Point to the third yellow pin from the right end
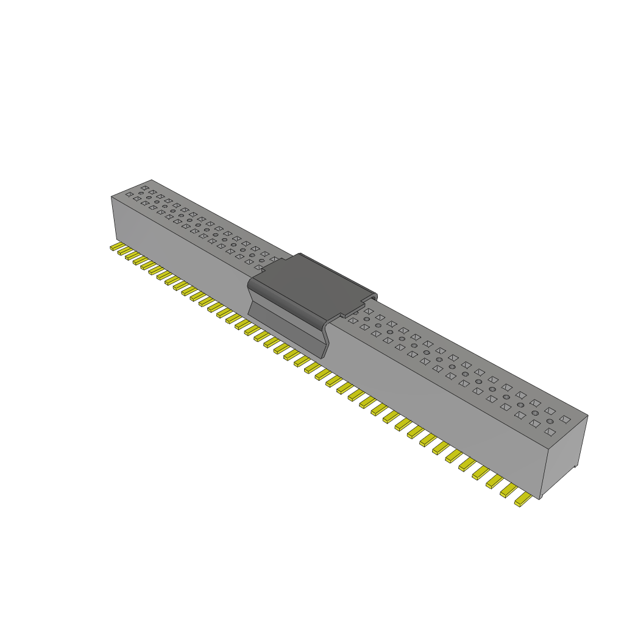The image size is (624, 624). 494,481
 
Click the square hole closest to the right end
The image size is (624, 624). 565,419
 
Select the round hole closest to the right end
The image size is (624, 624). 550,422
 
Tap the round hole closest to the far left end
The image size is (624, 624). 141,194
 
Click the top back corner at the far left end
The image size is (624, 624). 151,180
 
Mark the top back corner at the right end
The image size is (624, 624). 588,416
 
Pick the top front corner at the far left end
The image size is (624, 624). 111,197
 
